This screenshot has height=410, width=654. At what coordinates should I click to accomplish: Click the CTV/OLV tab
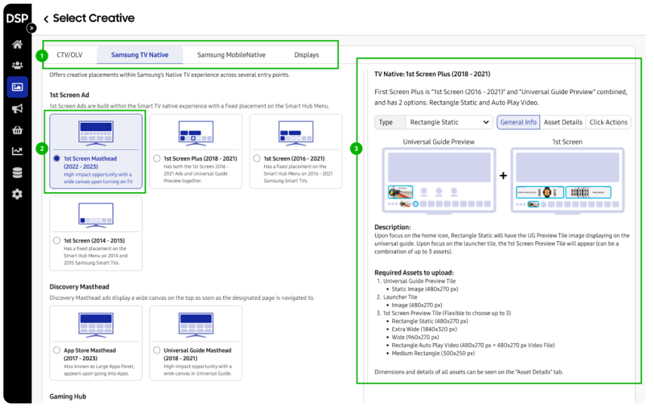click(x=69, y=55)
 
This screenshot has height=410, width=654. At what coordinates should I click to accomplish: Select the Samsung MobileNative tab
click(x=231, y=55)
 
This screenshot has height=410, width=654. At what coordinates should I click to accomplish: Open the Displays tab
click(x=306, y=55)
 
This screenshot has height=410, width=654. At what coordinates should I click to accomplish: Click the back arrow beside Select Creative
click(x=46, y=19)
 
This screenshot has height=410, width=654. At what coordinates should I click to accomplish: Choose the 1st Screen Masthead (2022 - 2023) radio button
click(x=57, y=159)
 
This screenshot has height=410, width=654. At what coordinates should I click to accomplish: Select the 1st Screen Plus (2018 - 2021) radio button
click(x=157, y=159)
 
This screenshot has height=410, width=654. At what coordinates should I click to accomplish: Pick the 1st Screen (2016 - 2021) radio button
click(x=257, y=159)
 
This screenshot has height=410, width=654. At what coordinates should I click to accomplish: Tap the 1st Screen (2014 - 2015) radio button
click(x=57, y=240)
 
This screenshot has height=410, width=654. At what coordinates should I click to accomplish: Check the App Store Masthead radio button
click(x=57, y=350)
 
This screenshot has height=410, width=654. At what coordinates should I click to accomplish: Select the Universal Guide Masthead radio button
click(x=157, y=350)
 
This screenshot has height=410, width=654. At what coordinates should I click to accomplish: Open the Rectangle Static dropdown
click(x=449, y=122)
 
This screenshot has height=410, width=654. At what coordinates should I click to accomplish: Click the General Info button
click(x=518, y=122)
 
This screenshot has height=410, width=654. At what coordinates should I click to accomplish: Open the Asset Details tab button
click(x=563, y=122)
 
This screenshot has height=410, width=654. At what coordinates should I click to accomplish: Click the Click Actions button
click(x=608, y=122)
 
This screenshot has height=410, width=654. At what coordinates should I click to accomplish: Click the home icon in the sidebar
click(x=17, y=44)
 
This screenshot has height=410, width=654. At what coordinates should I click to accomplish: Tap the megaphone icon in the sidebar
click(x=17, y=109)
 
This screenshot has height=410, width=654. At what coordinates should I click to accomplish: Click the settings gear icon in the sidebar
click(x=17, y=194)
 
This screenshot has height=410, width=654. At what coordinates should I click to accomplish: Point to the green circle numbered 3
click(x=356, y=148)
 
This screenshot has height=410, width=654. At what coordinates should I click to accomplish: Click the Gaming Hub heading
click(x=69, y=396)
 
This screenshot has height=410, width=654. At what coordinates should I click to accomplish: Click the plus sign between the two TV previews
click(x=502, y=176)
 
